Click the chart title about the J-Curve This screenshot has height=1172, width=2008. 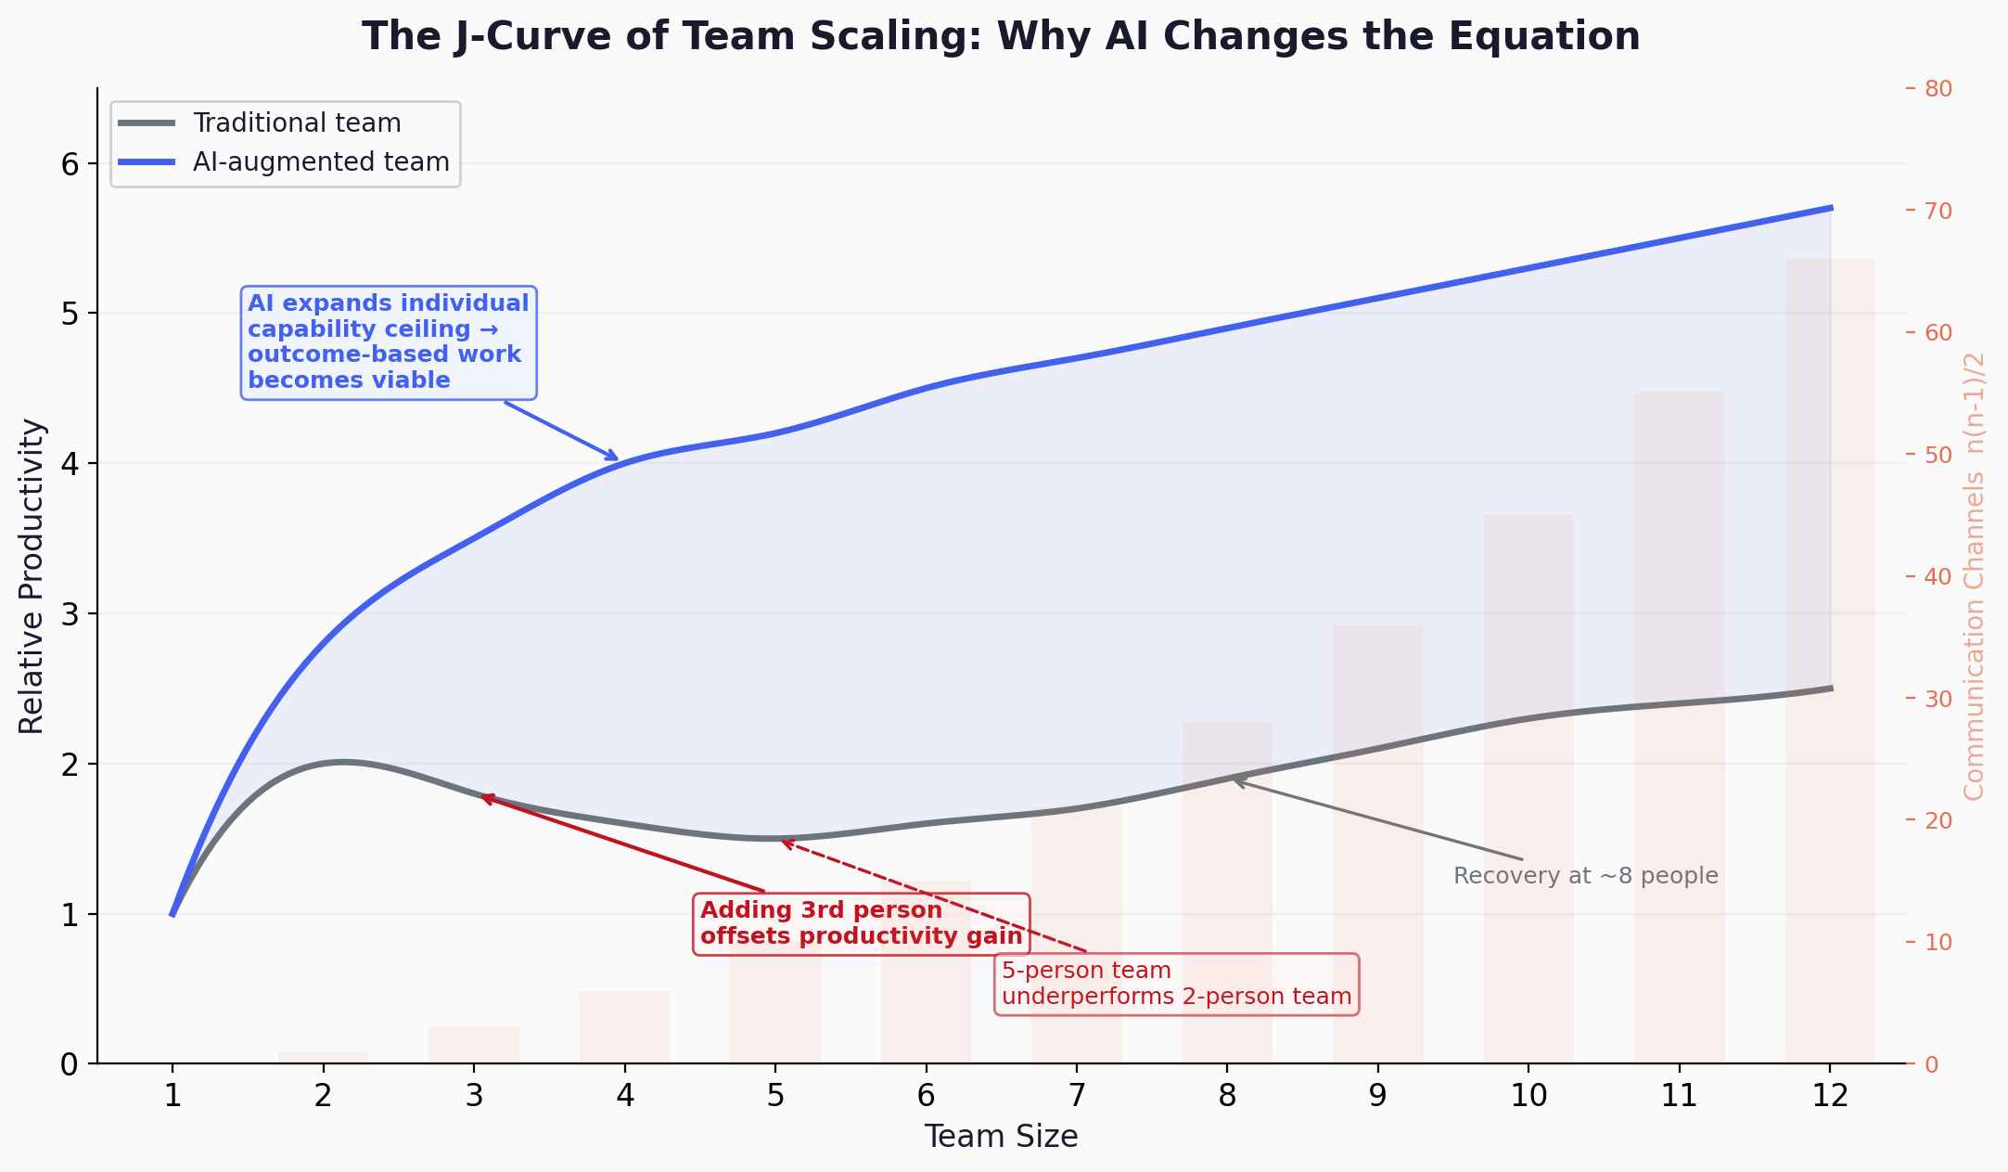(x=1001, y=37)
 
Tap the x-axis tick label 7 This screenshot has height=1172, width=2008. (x=1076, y=1097)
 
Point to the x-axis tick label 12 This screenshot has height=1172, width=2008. (x=1829, y=1097)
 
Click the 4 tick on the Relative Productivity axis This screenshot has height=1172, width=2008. (x=70, y=464)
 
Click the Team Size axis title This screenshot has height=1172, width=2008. (x=1001, y=1137)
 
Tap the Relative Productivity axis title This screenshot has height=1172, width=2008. (x=32, y=576)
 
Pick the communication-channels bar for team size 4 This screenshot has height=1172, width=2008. (x=624, y=1027)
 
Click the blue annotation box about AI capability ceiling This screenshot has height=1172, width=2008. (x=389, y=342)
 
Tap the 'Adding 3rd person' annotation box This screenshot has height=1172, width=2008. (x=861, y=923)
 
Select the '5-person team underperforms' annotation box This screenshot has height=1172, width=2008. (x=1176, y=984)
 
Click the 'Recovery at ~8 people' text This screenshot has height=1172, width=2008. (x=1585, y=876)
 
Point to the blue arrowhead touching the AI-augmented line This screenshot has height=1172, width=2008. (x=613, y=457)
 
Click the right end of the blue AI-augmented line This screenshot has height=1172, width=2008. (x=1830, y=208)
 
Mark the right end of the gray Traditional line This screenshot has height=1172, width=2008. (x=1830, y=689)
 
